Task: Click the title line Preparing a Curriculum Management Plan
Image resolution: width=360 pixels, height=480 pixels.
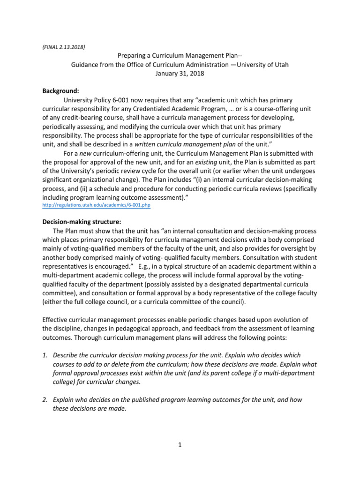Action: coord(180,56)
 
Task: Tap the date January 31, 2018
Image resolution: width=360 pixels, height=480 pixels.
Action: coord(180,74)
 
